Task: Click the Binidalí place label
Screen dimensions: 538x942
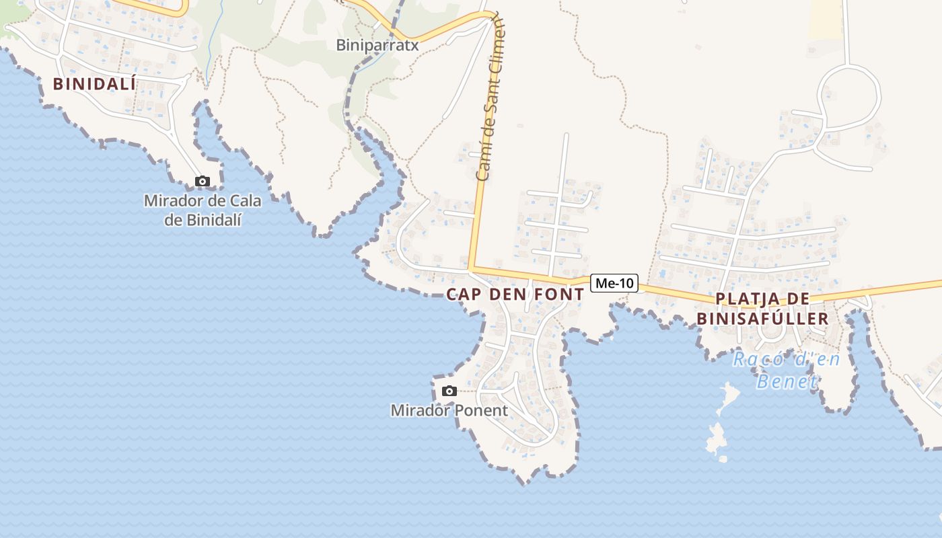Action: (x=94, y=84)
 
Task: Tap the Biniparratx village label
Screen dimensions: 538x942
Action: (x=377, y=45)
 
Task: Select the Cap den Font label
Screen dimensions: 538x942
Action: (x=515, y=294)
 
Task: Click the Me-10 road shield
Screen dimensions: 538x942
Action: (x=614, y=283)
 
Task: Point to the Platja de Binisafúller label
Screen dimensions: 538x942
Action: (x=762, y=309)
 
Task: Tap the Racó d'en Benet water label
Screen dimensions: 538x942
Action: (x=787, y=370)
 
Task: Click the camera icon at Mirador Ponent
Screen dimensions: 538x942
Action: (x=449, y=391)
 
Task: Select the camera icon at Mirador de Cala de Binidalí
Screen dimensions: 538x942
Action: (x=202, y=181)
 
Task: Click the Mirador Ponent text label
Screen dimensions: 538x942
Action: (x=449, y=410)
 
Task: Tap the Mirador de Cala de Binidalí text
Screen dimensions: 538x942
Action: (x=203, y=210)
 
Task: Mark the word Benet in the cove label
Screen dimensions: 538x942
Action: (x=787, y=382)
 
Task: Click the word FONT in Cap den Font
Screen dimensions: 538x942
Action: (x=558, y=294)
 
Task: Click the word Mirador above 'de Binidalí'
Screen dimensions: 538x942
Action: (x=172, y=200)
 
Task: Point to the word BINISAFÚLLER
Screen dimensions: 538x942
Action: (x=762, y=318)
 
